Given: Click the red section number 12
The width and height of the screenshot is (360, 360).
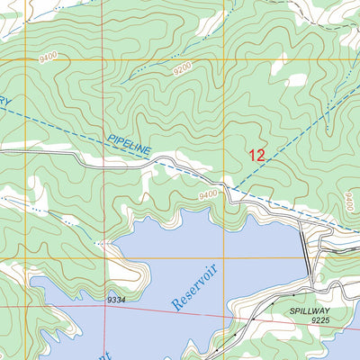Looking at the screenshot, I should [256, 155].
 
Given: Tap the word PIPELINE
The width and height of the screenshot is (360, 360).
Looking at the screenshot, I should [127, 145].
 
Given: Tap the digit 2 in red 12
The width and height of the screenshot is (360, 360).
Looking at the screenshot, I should [261, 155].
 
